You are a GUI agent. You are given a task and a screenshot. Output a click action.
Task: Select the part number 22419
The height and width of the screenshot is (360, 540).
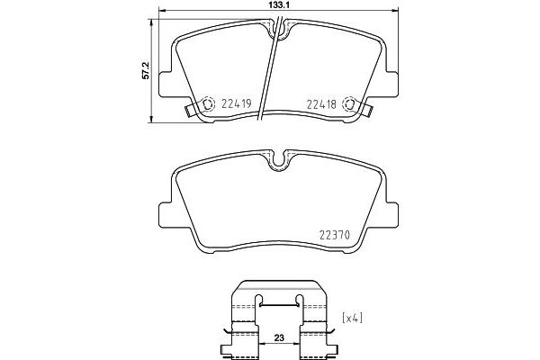tap(237, 104)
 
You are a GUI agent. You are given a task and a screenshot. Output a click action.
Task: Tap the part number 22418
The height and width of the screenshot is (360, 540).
tap(320, 104)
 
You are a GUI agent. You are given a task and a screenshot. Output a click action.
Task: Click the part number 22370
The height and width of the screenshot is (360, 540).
tap(334, 238)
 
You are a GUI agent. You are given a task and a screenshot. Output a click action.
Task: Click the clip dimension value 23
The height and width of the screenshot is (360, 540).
tap(279, 339)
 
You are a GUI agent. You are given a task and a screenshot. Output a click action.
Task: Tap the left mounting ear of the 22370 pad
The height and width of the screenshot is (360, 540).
tap(167, 213)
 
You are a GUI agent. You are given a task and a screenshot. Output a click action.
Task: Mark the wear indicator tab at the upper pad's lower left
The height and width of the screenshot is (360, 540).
tap(191, 112)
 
